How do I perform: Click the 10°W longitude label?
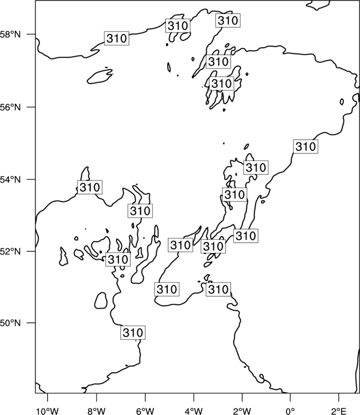click(48, 411)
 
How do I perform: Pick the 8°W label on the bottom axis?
click(96, 411)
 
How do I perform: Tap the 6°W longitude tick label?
click(145, 411)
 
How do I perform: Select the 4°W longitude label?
click(194, 411)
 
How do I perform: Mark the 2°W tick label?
click(242, 411)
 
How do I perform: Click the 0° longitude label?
click(290, 411)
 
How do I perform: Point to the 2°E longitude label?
click(339, 411)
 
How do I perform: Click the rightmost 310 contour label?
click(306, 147)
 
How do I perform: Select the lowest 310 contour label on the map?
click(133, 333)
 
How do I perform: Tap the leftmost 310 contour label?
click(90, 187)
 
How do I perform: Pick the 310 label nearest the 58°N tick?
click(116, 38)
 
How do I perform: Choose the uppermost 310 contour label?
click(228, 20)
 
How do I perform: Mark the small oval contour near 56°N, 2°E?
click(342, 102)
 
